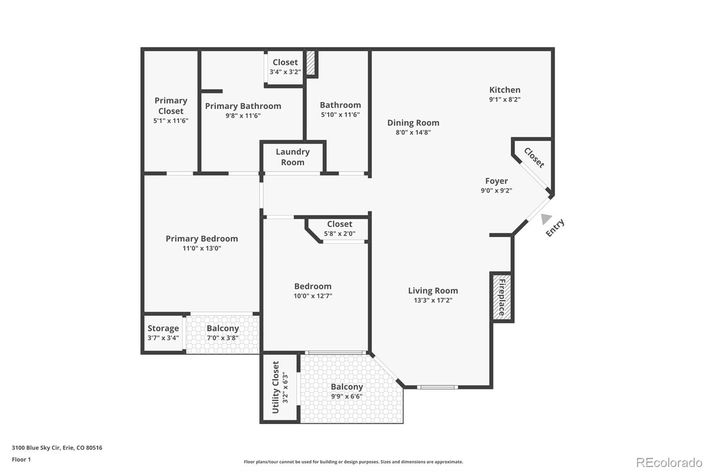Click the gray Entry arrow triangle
click(x=546, y=219)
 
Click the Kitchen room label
click(x=505, y=90)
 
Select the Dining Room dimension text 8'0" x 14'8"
click(x=413, y=132)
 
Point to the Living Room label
click(x=433, y=290)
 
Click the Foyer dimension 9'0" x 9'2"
click(x=497, y=190)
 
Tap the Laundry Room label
click(x=293, y=157)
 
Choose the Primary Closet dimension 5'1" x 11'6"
click(x=171, y=121)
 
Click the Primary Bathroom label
click(x=243, y=106)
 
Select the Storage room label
click(x=163, y=328)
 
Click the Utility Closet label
click(x=276, y=387)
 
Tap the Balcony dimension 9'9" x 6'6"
click(x=347, y=396)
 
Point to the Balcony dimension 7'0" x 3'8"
click(x=223, y=338)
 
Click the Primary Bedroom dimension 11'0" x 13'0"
click(x=202, y=248)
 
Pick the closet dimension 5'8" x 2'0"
click(x=340, y=234)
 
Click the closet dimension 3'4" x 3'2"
click(x=285, y=72)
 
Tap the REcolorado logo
click(x=669, y=463)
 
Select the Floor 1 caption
click(x=22, y=460)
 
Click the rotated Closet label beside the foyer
click(x=534, y=158)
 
